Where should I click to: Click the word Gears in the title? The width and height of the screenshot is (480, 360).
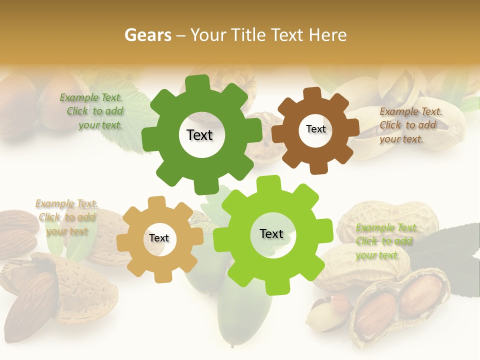(x=147, y=35)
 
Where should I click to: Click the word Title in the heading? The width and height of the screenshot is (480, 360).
(x=250, y=35)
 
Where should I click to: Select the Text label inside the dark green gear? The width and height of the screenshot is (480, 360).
(x=199, y=135)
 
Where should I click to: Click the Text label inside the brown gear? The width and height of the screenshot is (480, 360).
(x=315, y=129)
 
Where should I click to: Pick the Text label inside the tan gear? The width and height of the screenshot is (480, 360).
(x=159, y=238)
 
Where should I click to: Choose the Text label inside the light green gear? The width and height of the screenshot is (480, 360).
(x=271, y=234)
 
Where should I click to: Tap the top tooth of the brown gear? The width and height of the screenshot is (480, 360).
(x=311, y=94)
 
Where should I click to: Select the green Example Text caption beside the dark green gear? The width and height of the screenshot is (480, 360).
(x=92, y=111)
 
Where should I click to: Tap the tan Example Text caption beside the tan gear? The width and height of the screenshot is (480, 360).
(x=66, y=217)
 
